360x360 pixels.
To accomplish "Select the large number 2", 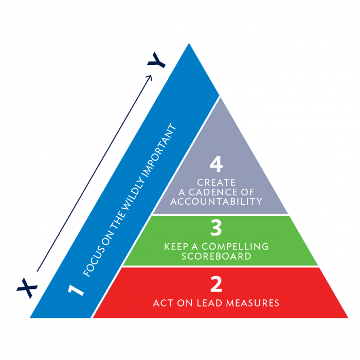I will [x=216, y=285].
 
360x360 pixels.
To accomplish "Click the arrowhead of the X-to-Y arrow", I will [x=150, y=77].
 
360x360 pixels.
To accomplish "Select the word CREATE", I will [x=216, y=183].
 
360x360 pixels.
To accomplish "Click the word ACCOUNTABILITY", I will [x=216, y=201].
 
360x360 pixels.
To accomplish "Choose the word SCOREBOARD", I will [x=216, y=256].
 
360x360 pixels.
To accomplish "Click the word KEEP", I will [x=176, y=246].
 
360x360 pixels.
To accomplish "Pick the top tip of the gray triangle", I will [x=220, y=97].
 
